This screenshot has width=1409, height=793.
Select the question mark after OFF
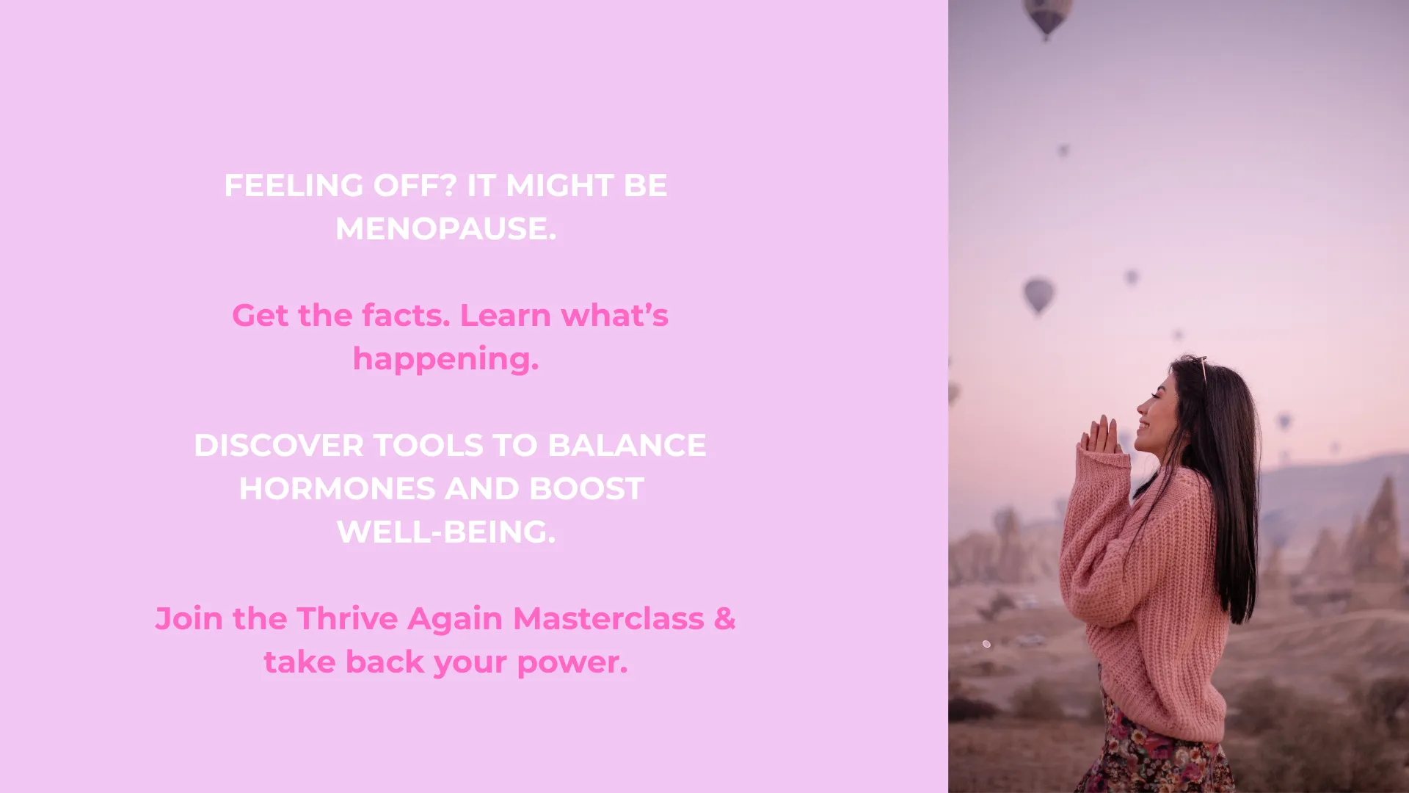(449, 185)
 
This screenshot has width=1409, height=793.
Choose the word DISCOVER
(279, 446)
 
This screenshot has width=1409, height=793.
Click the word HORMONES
(338, 489)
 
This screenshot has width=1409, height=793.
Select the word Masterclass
(608, 618)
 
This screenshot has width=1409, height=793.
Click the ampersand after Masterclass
(725, 618)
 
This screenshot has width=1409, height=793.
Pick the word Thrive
(347, 618)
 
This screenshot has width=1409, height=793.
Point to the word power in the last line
(569, 662)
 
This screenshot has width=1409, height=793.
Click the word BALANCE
(627, 446)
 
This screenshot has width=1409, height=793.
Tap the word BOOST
(586, 489)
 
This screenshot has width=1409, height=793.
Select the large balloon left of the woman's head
(1038, 295)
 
